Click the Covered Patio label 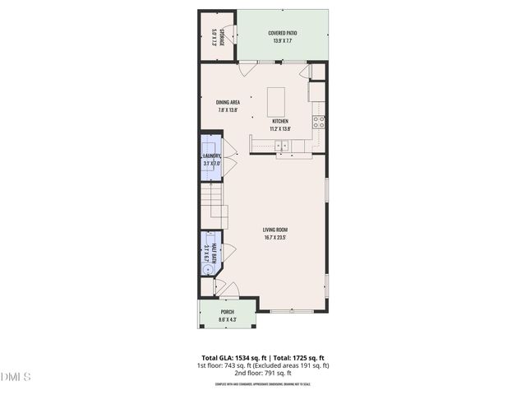(x=282, y=34)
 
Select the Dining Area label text (x=228, y=103)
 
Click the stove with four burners (x=318, y=122)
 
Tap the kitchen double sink (x=282, y=146)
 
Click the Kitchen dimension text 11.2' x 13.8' (x=281, y=128)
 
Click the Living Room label (x=275, y=230)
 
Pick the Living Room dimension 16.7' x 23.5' (x=275, y=239)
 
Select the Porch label (x=227, y=312)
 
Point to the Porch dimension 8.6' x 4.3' (x=227, y=319)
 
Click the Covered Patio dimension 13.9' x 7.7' (x=282, y=41)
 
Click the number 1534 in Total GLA (x=243, y=358)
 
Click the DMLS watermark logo (x=16, y=377)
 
